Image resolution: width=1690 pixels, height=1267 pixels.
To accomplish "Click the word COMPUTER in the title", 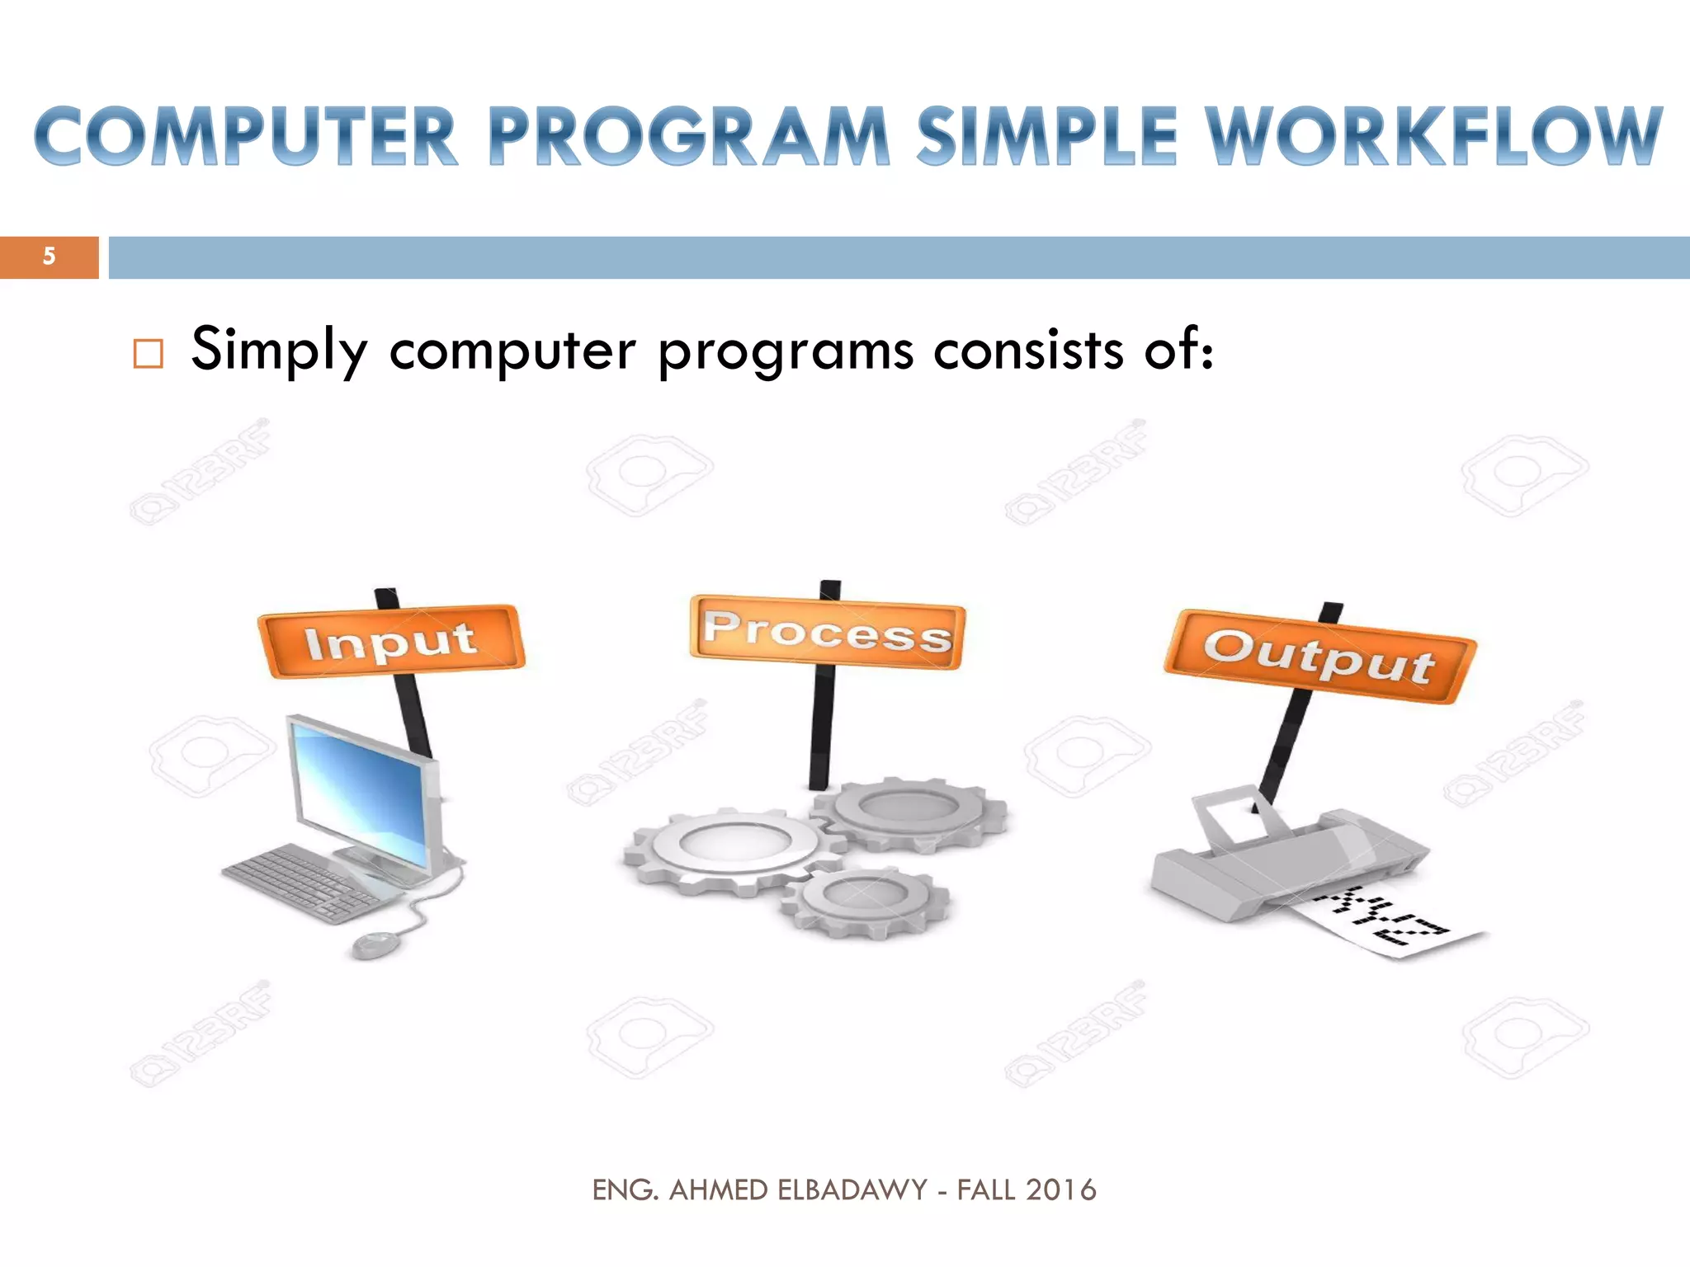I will [x=246, y=137].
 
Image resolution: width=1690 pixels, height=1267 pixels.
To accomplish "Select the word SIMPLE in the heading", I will [x=1046, y=137].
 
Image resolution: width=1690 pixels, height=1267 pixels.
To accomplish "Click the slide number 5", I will [x=49, y=257].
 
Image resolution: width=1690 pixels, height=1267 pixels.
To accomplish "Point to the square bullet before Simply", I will [x=149, y=353].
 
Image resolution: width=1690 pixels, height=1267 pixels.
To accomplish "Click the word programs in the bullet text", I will [x=786, y=351].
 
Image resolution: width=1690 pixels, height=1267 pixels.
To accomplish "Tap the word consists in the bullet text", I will [x=1028, y=351].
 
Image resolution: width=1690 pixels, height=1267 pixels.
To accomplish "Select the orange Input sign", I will [x=391, y=641].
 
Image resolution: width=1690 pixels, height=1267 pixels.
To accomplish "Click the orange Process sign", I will [x=827, y=632].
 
